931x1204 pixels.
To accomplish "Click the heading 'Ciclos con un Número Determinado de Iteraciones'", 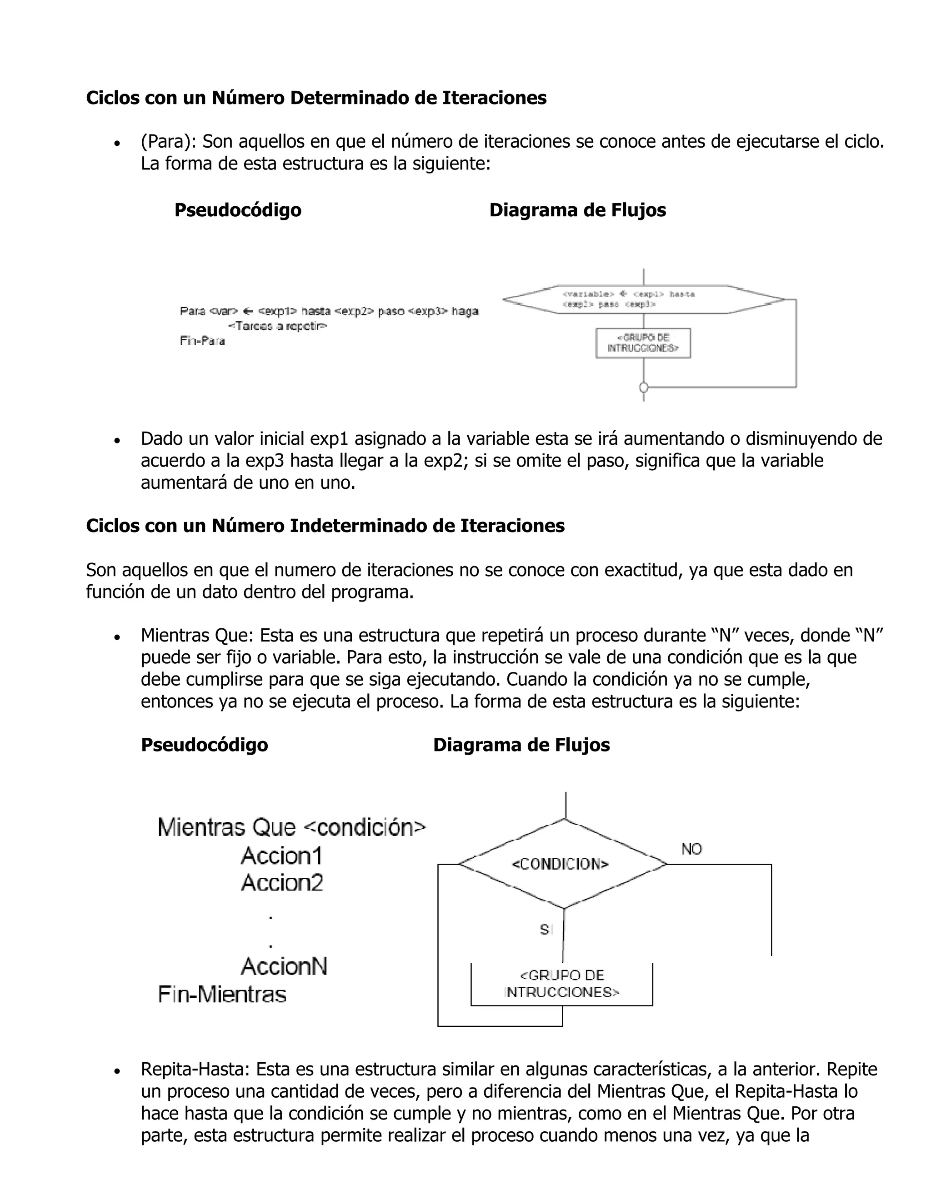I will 316,98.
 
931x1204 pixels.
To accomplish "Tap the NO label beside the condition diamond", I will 691,849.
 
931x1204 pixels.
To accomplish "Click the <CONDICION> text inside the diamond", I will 560,864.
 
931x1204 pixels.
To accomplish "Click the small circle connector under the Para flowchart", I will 643,388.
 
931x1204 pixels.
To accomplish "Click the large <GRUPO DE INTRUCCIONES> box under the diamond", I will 561,984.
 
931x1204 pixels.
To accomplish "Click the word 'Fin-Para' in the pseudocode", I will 202,341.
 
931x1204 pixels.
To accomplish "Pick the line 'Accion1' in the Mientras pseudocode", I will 281,856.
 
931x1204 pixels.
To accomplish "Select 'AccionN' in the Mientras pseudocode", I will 284,966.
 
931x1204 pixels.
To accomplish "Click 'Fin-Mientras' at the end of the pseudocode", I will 222,995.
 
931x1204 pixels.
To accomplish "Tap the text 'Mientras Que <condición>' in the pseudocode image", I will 291,827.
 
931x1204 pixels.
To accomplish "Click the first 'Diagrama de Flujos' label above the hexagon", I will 577,210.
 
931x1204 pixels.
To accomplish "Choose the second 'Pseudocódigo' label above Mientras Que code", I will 204,745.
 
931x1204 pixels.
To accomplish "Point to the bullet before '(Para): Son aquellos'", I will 116,143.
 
